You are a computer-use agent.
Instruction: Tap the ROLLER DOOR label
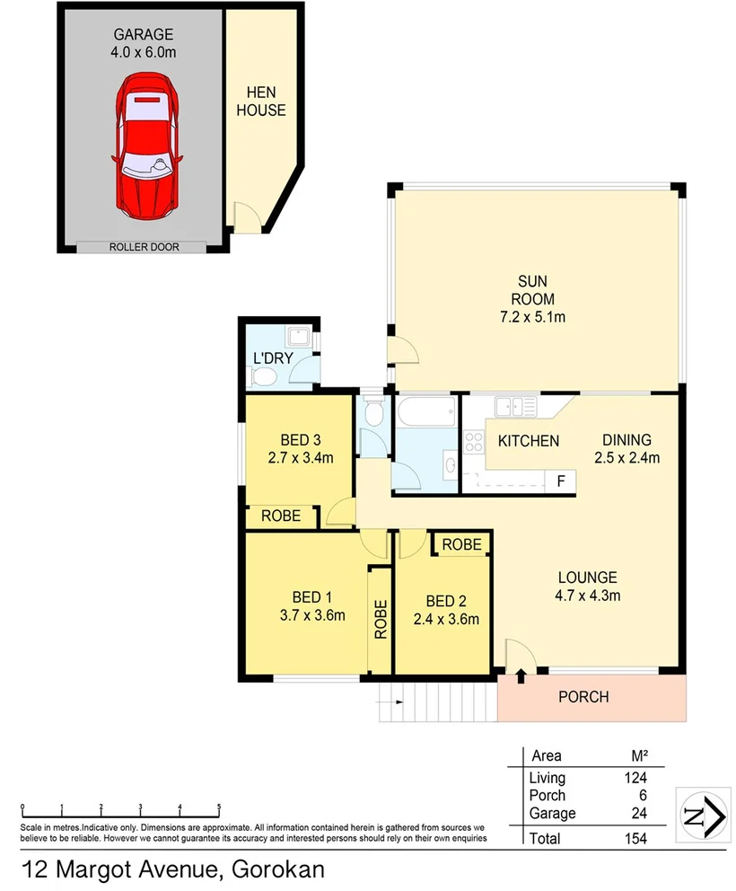(x=145, y=246)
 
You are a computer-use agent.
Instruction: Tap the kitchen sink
(x=516, y=407)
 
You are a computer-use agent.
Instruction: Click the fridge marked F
(x=561, y=481)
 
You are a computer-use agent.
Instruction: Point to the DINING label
(x=626, y=440)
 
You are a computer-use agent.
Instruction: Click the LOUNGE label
(x=586, y=578)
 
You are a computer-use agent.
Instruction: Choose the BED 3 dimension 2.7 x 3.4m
(x=301, y=457)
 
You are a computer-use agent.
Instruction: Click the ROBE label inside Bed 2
(x=461, y=544)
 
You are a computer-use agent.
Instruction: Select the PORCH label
(x=583, y=697)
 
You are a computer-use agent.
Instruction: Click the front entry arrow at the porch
(x=521, y=675)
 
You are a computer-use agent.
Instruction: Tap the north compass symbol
(x=701, y=815)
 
